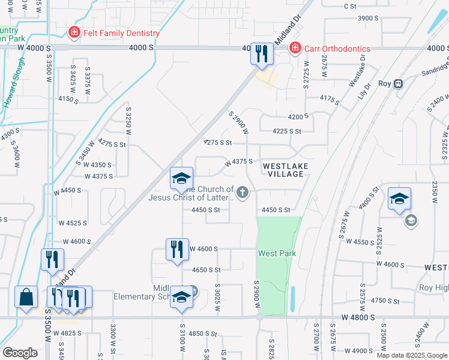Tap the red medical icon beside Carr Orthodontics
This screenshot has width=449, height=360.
[x=295, y=49]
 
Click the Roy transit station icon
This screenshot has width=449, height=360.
[x=397, y=84]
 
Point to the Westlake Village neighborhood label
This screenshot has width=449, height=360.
[x=286, y=169]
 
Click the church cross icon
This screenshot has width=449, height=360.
[x=243, y=193]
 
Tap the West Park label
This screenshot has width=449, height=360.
[x=277, y=253]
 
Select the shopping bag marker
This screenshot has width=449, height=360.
[x=26, y=298]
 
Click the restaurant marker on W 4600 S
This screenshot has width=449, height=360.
[x=176, y=250]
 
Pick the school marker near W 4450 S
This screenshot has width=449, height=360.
[x=181, y=179]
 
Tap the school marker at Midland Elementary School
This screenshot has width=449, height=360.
[x=181, y=298]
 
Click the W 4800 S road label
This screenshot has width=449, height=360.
[x=361, y=316]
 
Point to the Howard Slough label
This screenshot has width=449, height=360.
[x=14, y=82]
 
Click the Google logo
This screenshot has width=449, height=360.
[x=20, y=353]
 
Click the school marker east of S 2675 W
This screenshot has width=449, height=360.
[x=399, y=200]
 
